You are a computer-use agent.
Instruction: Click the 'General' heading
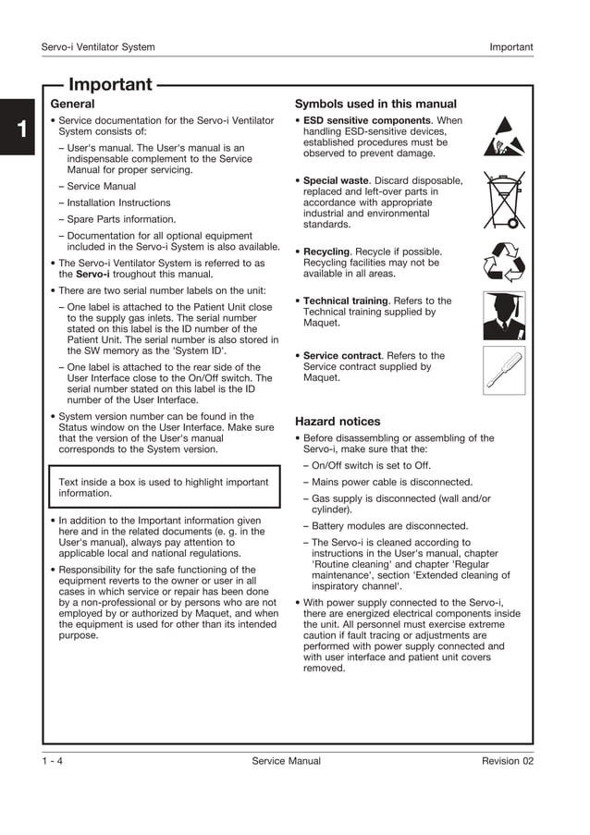(x=72, y=104)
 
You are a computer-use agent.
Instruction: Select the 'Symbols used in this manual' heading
(x=375, y=104)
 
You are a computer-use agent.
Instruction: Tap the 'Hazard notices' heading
(x=337, y=422)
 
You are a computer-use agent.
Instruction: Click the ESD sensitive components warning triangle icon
(x=503, y=137)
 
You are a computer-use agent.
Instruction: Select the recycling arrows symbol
(x=504, y=262)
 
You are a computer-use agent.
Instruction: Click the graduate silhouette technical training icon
(x=504, y=316)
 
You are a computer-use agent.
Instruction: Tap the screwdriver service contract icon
(x=504, y=371)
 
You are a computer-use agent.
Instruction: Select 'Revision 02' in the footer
(x=507, y=761)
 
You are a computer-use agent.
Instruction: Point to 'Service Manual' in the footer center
(x=286, y=761)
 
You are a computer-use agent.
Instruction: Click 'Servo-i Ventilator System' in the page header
(x=98, y=47)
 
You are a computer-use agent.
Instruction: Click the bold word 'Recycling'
(x=326, y=252)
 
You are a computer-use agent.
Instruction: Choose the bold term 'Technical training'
(x=346, y=301)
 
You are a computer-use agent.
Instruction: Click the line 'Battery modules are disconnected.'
(x=389, y=526)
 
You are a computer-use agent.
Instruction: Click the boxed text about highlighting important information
(x=164, y=487)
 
